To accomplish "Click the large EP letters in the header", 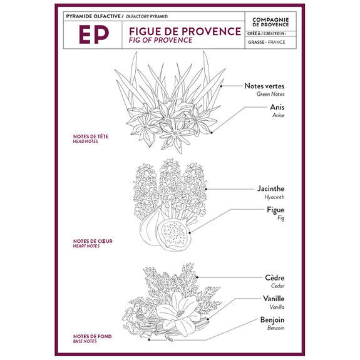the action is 94,34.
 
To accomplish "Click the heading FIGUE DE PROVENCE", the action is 185,31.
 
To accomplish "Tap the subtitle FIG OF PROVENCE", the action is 160,40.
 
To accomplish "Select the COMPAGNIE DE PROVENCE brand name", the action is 270,23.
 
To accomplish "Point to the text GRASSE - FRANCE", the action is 267,42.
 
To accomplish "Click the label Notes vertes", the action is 264,86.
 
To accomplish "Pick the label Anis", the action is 277,107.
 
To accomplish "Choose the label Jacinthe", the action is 270,188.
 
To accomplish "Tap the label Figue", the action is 275,210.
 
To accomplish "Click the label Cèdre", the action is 275,277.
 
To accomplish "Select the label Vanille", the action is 274,299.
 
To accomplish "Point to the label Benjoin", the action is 272,320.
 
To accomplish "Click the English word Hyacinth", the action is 274,197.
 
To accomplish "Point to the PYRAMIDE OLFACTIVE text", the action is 93,16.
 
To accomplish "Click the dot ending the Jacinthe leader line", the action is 206,189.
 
